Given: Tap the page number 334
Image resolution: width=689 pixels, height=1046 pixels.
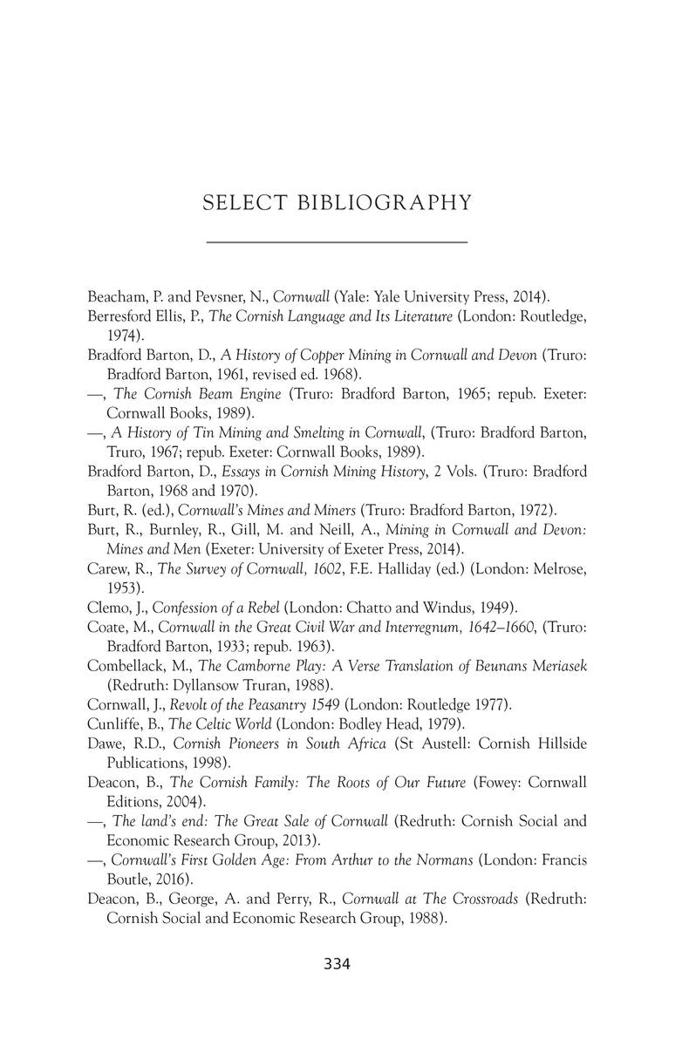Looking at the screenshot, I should point(337,963).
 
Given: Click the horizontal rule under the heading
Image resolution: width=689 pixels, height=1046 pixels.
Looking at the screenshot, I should point(337,241).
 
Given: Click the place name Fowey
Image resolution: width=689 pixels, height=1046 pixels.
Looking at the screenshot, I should point(498,782).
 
